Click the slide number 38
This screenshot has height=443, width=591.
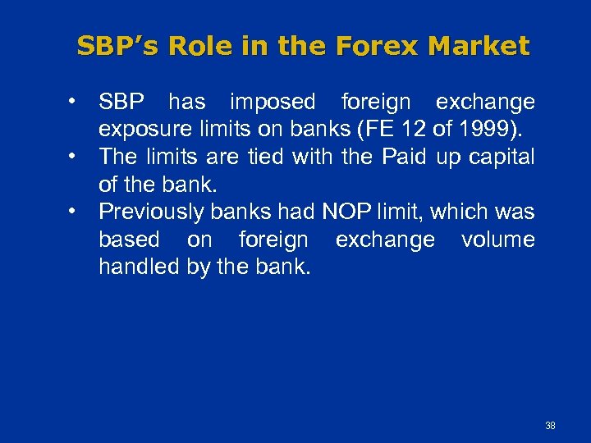[x=550, y=426]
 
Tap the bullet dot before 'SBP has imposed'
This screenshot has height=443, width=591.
[x=74, y=103]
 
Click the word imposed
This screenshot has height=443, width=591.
[x=273, y=103]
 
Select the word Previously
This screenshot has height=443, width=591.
[x=151, y=212]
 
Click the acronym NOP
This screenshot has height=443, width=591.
[x=347, y=212]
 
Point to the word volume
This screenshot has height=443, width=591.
[x=497, y=240]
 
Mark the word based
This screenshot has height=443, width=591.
[x=129, y=240]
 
